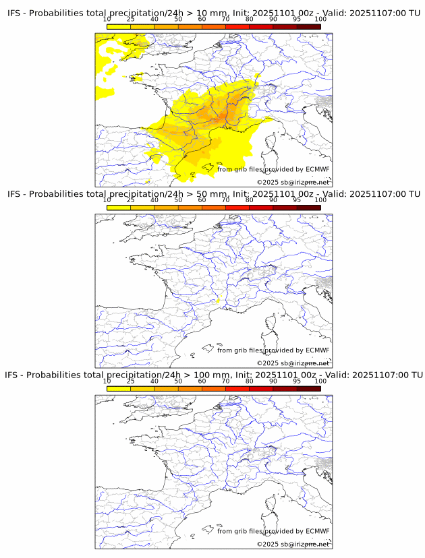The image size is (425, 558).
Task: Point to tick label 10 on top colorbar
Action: (107, 19)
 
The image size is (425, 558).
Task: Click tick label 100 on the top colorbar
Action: (320, 19)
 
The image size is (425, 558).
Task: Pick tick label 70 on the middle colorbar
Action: (225, 200)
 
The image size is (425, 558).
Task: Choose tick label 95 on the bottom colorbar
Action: (297, 381)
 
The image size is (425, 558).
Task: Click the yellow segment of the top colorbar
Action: (119, 26)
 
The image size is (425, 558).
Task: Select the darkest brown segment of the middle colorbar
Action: (308, 208)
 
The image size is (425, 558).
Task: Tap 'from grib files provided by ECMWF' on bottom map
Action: (273, 531)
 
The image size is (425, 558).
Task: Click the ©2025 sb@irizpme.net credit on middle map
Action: (293, 363)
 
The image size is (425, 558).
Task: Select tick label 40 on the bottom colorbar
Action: (154, 381)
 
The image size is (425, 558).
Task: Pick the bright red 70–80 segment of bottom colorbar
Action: (237, 388)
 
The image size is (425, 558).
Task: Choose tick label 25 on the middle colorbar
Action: (130, 200)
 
